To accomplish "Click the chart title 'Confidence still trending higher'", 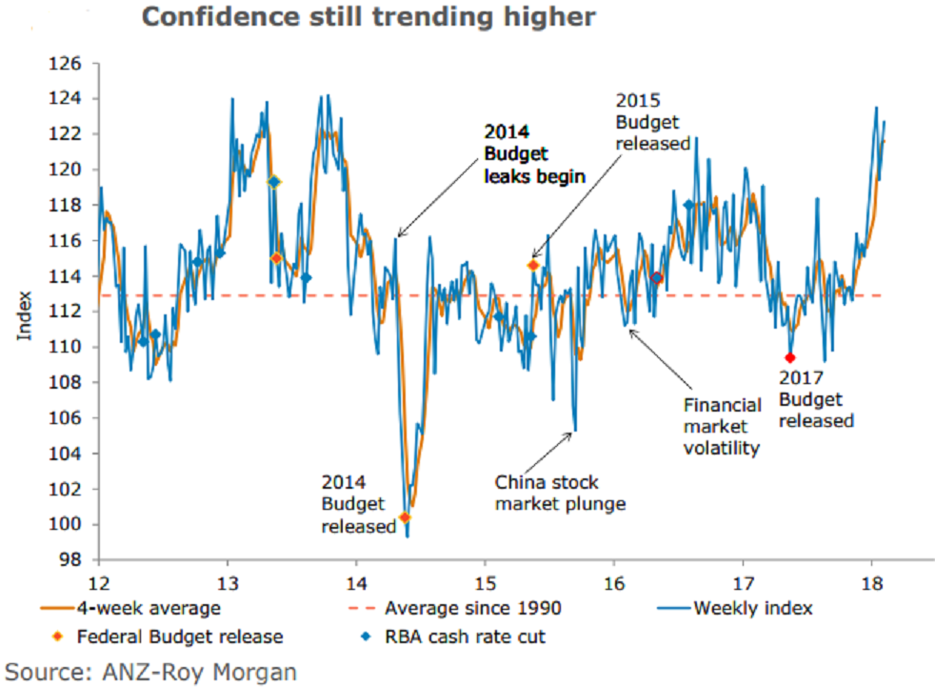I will click(368, 17).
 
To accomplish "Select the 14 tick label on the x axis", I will click(356, 580).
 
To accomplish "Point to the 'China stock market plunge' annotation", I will click(560, 493).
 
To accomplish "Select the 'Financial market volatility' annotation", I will click(722, 426).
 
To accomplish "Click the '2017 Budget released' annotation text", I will click(815, 398).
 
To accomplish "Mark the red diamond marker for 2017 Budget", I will click(789, 357).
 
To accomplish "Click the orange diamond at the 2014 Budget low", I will click(405, 517).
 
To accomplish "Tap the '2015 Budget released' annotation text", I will click(652, 121).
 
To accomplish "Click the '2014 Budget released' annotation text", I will click(358, 503).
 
